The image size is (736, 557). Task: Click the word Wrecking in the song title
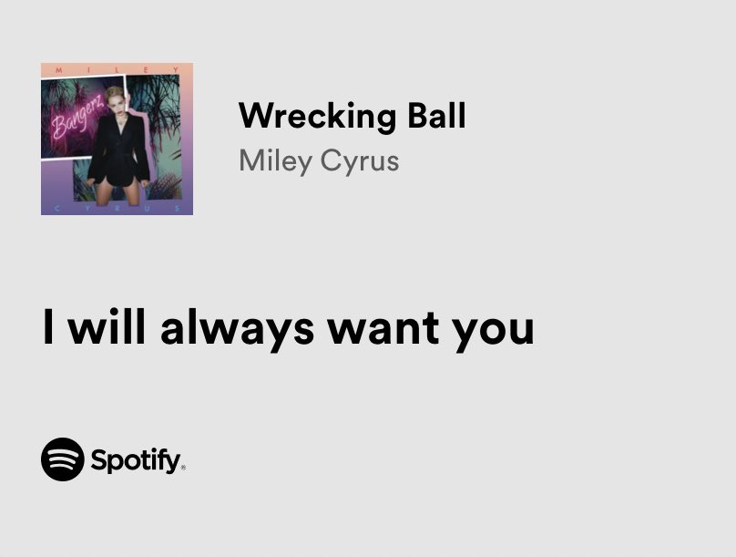pos(318,117)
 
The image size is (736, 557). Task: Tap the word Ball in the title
pos(435,116)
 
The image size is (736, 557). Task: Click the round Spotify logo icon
pos(62,459)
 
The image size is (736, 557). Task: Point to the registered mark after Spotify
pos(183,468)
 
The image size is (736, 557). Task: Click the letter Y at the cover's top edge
pos(176,68)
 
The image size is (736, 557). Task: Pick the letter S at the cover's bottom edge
pos(176,209)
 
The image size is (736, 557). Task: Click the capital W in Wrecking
pos(252,116)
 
